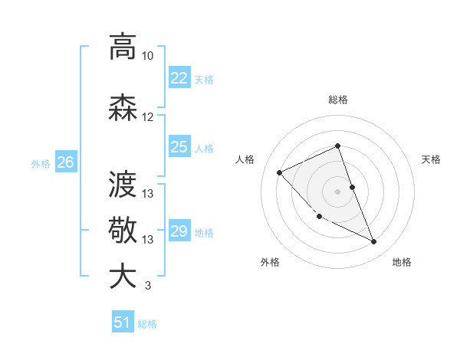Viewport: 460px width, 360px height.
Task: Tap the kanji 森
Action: [x=123, y=108]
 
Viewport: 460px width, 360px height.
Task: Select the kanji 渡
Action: [x=123, y=185]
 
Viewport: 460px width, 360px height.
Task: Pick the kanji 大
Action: [x=123, y=277]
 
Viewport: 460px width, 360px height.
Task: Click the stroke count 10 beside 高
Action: [x=148, y=56]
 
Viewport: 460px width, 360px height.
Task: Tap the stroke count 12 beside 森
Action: [x=148, y=117]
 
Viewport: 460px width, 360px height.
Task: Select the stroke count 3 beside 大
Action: [x=147, y=286]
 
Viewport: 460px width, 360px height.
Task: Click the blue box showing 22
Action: [x=179, y=78]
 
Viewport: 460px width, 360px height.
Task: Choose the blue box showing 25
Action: [x=179, y=147]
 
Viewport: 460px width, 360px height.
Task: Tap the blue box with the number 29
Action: [x=179, y=231]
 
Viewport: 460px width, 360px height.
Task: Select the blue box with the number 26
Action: [x=66, y=162]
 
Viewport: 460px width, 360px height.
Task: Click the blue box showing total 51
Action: [x=123, y=322]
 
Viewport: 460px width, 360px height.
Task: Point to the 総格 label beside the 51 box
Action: [x=147, y=324]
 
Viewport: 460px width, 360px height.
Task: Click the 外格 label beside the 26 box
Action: [x=41, y=163]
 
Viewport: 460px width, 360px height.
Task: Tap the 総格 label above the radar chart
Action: [x=338, y=100]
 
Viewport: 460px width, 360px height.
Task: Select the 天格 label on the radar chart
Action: [x=431, y=159]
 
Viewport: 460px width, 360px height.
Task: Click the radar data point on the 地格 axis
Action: [x=374, y=242]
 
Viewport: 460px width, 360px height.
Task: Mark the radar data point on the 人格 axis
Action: [x=280, y=172]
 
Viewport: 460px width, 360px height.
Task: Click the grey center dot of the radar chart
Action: [x=337, y=191]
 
